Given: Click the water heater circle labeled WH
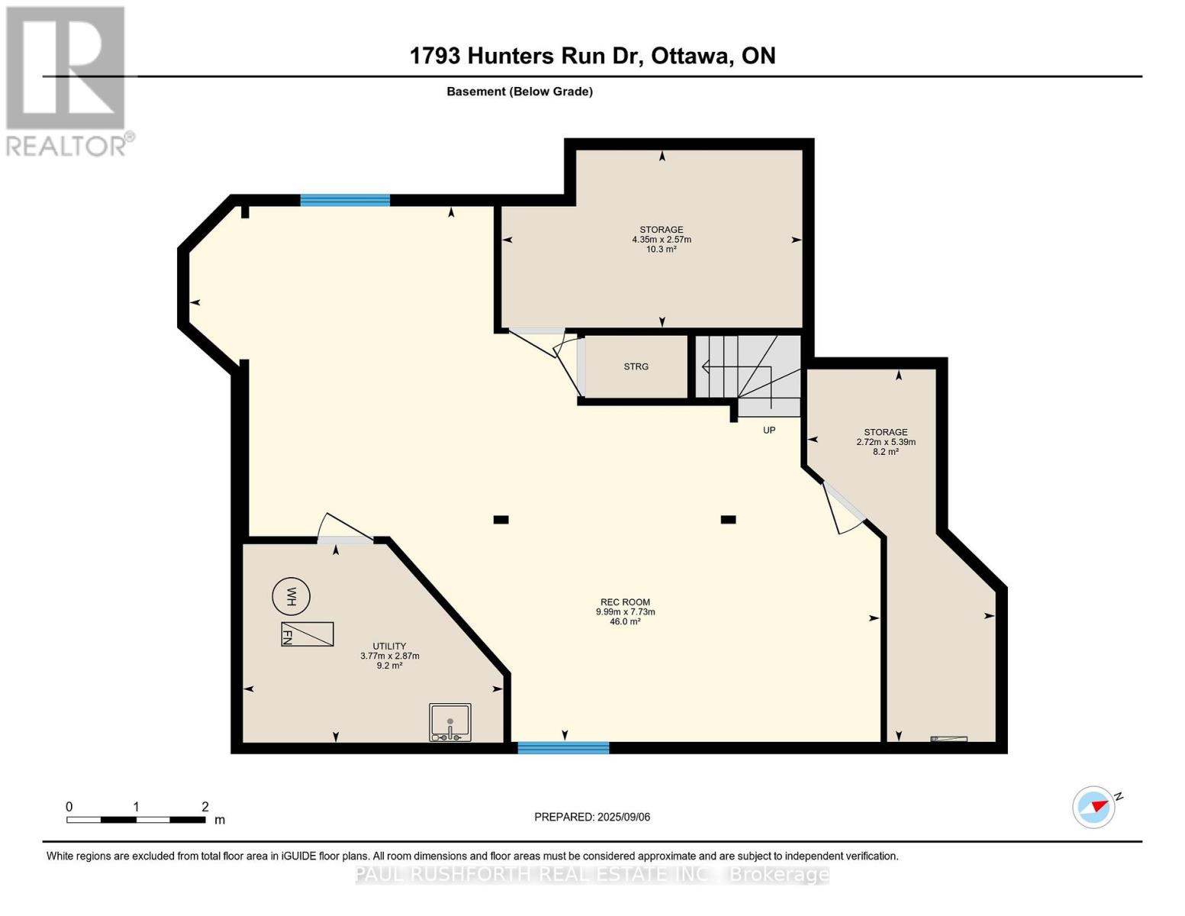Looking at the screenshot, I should pyautogui.click(x=291, y=596).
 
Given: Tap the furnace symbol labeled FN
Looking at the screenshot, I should pyautogui.click(x=307, y=634).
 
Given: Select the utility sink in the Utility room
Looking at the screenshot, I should pyautogui.click(x=450, y=722).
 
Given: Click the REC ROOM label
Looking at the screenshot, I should pyautogui.click(x=625, y=602).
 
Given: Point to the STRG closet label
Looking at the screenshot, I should pyautogui.click(x=636, y=366).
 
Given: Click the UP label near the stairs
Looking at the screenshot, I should pyautogui.click(x=769, y=431).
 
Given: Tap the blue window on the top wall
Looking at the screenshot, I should pyautogui.click(x=345, y=200).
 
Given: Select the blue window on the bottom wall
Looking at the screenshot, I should pyautogui.click(x=563, y=748).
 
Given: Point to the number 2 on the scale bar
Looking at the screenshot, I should pyautogui.click(x=204, y=807).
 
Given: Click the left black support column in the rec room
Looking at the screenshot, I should pyautogui.click(x=501, y=520).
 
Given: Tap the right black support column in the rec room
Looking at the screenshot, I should pyautogui.click(x=728, y=520).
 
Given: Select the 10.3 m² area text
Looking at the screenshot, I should pyautogui.click(x=661, y=249).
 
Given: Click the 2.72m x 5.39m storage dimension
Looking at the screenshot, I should pyautogui.click(x=885, y=442).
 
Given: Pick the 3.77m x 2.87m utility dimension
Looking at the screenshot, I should pyautogui.click(x=389, y=656).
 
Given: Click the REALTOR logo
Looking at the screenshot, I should pyautogui.click(x=67, y=80).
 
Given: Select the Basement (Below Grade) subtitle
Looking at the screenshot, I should pyautogui.click(x=519, y=92).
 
